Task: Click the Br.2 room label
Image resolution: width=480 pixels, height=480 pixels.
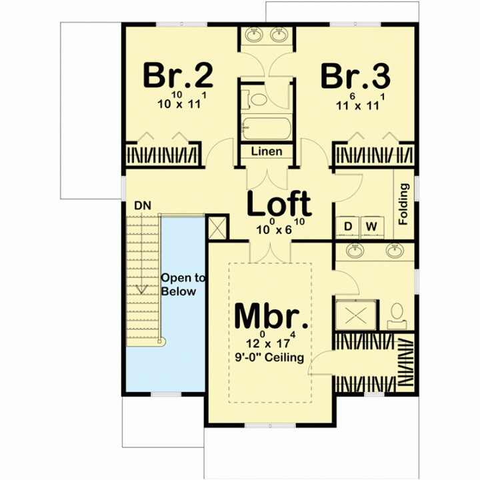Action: (178, 75)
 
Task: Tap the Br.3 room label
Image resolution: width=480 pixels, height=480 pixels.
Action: (355, 76)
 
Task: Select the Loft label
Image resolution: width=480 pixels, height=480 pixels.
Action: (279, 203)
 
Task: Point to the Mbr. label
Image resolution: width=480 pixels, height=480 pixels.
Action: (271, 315)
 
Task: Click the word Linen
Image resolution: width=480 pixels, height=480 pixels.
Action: (267, 151)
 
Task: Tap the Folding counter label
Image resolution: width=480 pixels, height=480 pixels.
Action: (404, 204)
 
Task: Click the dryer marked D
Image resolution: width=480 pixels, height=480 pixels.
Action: (348, 227)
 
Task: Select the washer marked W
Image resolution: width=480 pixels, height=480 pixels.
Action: (371, 227)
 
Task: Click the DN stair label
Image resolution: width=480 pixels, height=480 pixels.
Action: (143, 206)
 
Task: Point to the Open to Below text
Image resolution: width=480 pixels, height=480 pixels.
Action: (183, 285)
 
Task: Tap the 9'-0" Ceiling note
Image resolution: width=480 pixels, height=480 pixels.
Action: (269, 357)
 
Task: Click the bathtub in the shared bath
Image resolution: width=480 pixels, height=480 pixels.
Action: (266, 129)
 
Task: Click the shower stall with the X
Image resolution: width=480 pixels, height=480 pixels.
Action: (356, 315)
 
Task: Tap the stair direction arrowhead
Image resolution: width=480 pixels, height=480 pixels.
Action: (141, 289)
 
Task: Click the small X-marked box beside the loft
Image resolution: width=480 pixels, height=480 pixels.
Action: (217, 227)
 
